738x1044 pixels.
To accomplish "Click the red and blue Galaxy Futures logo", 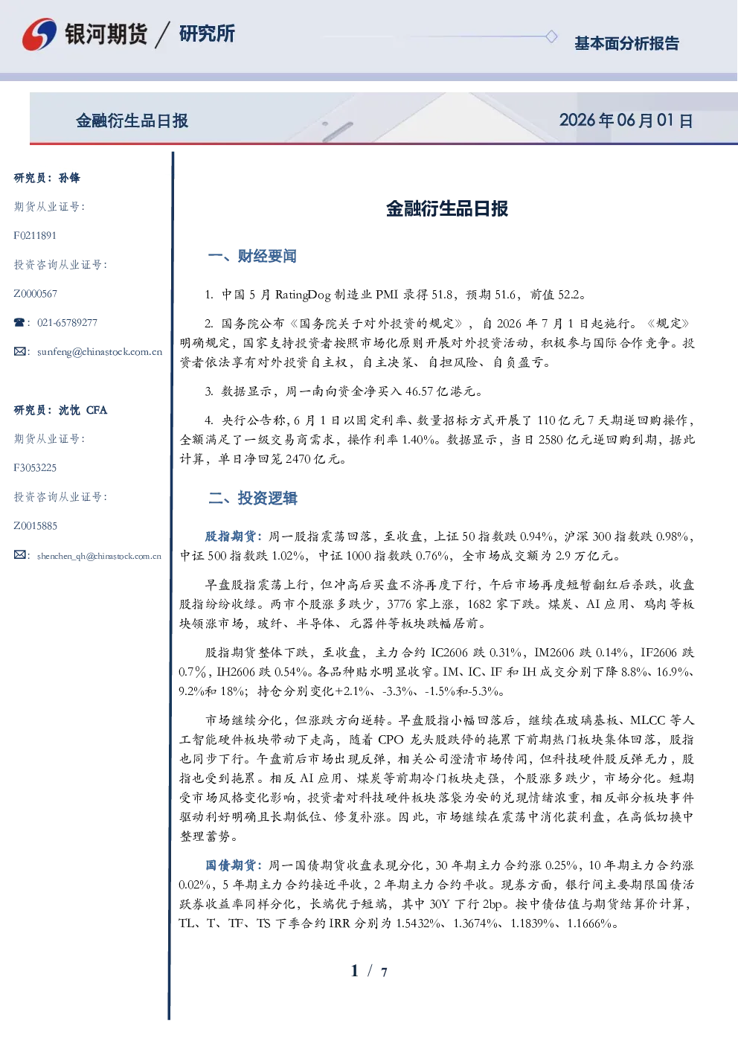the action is pos(39,34).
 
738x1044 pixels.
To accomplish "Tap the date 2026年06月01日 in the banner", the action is pos(626,121).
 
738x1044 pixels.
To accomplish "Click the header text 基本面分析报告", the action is pos(626,43).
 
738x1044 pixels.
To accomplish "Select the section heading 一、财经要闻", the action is pos(252,256).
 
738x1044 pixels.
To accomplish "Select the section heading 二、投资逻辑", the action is pos(252,498).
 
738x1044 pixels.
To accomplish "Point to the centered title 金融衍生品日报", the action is pos(447,208).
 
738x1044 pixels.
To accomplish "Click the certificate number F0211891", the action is pos(35,235).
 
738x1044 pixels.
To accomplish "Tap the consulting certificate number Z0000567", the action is pos(36,294).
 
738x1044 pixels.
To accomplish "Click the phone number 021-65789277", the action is pos(67,322).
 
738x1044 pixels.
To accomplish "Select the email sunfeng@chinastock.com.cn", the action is pos(100,352).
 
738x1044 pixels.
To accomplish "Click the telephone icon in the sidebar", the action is pos(19,322).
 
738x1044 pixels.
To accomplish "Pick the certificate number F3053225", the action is pos(35,468).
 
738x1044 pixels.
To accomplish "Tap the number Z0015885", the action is pos(36,526).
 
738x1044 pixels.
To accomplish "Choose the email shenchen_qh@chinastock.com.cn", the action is pos(99,556).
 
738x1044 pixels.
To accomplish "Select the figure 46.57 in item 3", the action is pos(419,391).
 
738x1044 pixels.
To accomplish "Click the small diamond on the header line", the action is pos(551,36).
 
